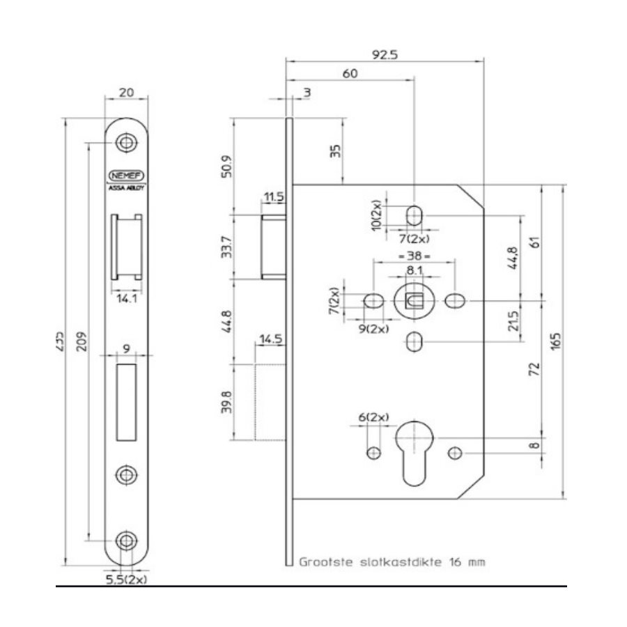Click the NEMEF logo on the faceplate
125,176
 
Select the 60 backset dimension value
350,74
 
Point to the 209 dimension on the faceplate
82,343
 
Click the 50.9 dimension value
224,168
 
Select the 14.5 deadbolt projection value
270,340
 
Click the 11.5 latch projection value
274,198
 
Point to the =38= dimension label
415,256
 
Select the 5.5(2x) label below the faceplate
126,579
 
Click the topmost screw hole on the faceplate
126,141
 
